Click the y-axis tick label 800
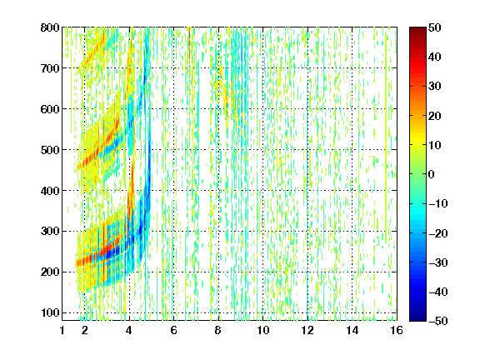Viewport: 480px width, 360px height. coord(50,27)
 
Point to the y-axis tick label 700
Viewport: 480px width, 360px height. coord(50,68)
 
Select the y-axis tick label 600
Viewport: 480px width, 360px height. coord(50,109)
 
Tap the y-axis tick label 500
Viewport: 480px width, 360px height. coord(50,150)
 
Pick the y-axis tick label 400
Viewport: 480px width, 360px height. coord(50,191)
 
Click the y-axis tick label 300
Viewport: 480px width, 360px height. coord(50,231)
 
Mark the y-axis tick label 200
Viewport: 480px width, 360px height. coord(50,272)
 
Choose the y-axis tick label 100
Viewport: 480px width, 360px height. coord(50,312)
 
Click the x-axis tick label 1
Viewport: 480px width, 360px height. coord(62,330)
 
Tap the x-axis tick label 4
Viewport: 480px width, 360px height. coord(129,330)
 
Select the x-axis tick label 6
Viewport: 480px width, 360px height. coord(173,330)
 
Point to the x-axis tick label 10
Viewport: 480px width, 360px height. coord(262,330)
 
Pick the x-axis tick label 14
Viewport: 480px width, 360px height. coord(352,330)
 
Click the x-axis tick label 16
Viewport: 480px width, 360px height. coord(397,330)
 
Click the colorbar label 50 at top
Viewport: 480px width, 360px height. coord(434,27)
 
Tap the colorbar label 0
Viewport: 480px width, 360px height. coord(431,174)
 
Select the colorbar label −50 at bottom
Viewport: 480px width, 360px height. coord(438,321)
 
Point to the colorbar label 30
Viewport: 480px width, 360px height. coord(434,87)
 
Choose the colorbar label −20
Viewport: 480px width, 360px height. coord(438,233)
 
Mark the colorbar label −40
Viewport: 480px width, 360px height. coord(438,292)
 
